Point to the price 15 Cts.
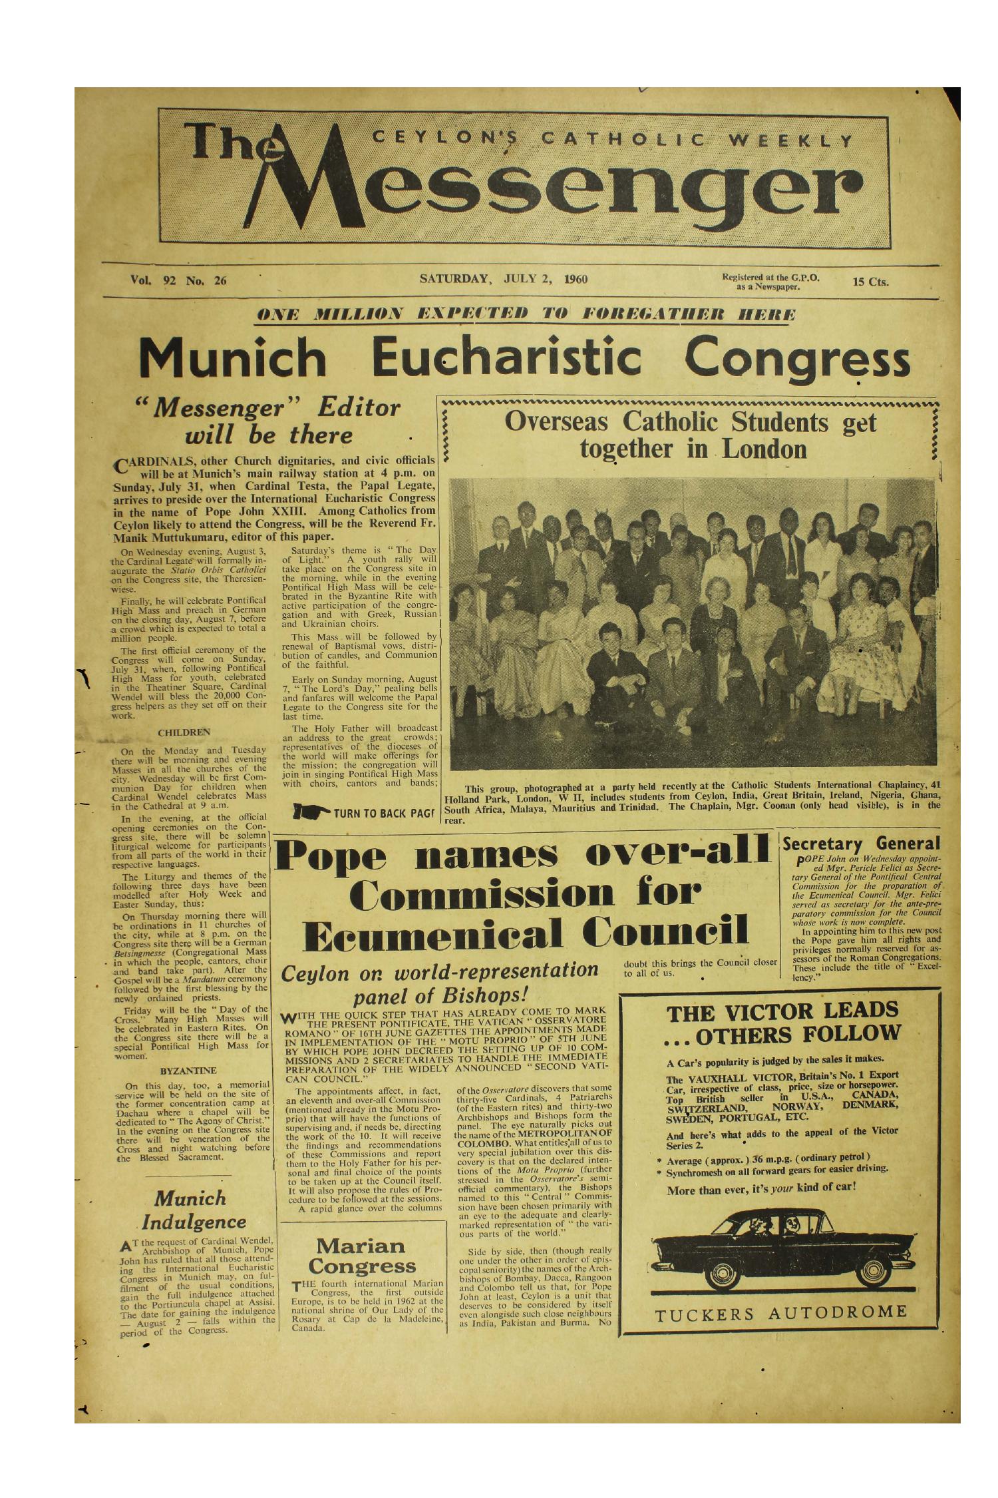(870, 282)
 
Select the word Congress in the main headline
(797, 359)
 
